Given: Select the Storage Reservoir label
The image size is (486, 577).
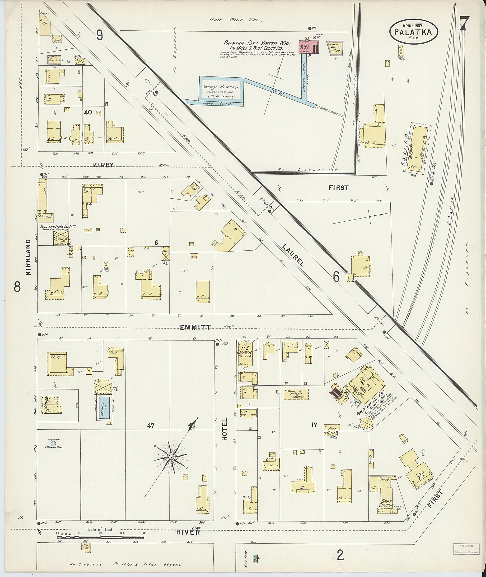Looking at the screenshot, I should pos(221,87).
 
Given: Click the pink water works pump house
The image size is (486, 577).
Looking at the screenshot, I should pos(309,47).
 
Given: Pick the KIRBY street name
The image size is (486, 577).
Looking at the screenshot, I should pos(103,165).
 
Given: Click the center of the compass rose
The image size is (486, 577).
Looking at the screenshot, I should pos(171,457).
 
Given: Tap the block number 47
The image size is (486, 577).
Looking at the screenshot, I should pos(150,426).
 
